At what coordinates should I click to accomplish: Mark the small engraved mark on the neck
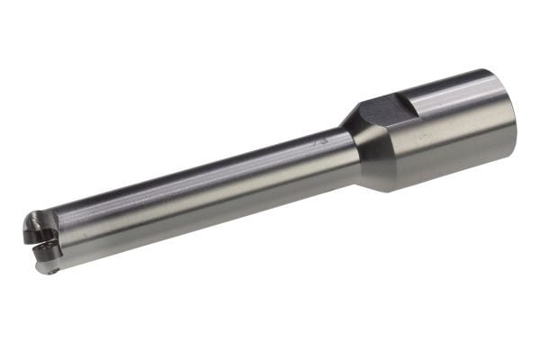tap(319, 141)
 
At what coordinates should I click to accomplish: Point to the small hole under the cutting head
tap(55, 267)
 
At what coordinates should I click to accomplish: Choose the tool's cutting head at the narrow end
tap(43, 240)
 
